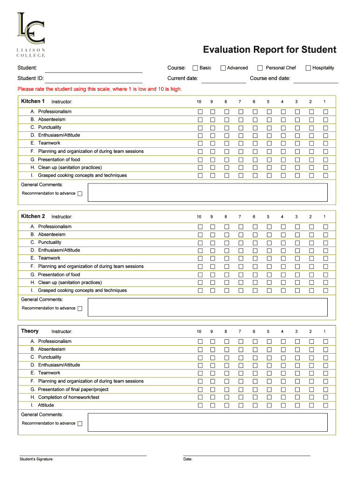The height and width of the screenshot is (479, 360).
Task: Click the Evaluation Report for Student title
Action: coord(269,50)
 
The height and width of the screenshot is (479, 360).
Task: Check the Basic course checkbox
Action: coord(195,68)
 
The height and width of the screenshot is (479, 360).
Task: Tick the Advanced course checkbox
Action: coord(223,68)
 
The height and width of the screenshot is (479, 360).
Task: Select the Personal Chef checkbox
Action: coord(260,68)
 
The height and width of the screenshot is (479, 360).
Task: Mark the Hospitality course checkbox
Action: coord(308,68)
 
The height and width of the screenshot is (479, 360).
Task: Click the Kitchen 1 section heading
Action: coord(33,101)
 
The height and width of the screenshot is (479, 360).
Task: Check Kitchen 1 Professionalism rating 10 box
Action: coord(200,112)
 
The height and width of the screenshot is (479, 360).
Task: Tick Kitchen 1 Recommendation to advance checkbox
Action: coord(79,194)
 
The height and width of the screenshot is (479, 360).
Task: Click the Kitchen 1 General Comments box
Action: coord(208,192)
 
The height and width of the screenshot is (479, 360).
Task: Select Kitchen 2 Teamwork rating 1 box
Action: coord(326,258)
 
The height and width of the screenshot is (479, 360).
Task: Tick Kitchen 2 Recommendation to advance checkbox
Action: coord(79,309)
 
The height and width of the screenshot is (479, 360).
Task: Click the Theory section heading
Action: coord(30,331)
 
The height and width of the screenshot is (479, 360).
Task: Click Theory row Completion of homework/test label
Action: coord(68,397)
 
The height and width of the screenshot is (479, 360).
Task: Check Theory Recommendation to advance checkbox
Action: coord(79,424)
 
